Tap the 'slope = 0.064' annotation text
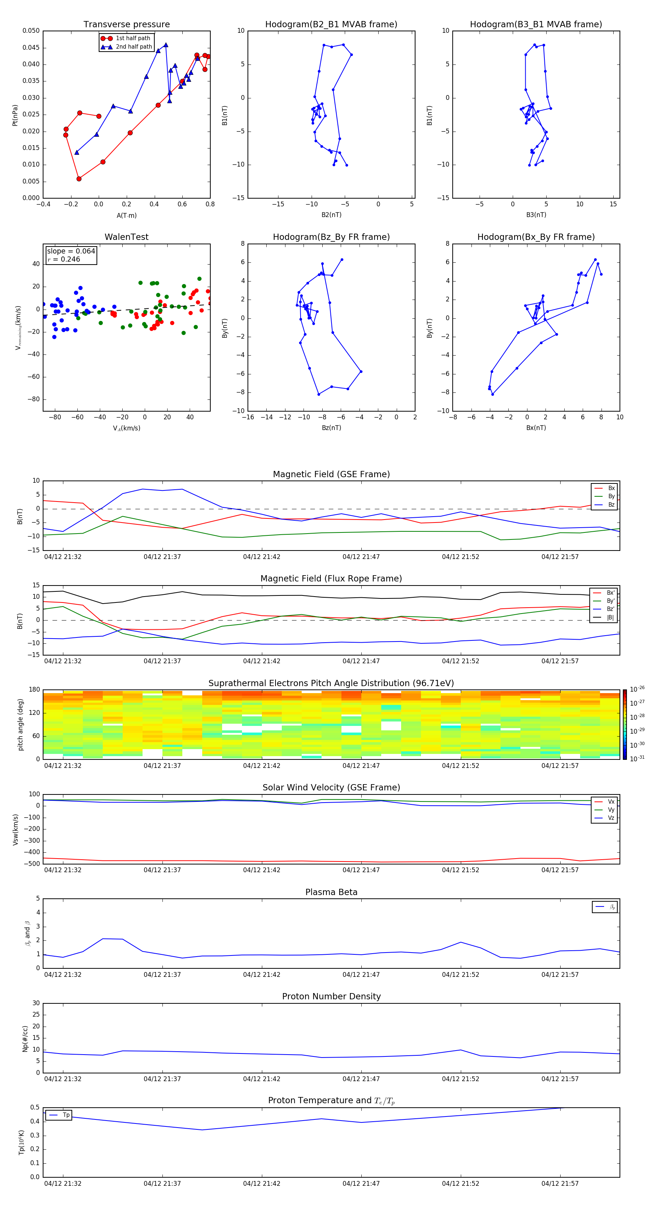click(x=71, y=251)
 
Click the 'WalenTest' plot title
click(x=126, y=237)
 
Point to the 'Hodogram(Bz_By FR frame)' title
click(x=331, y=237)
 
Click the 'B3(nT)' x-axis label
click(x=536, y=215)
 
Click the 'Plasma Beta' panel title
click(x=331, y=892)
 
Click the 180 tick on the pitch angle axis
click(x=35, y=690)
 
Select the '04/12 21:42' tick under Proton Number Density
click(x=262, y=1079)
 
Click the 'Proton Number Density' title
click(x=331, y=996)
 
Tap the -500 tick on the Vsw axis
click(x=31, y=864)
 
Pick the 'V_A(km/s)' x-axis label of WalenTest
click(x=126, y=428)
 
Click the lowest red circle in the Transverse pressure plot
click(x=79, y=179)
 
